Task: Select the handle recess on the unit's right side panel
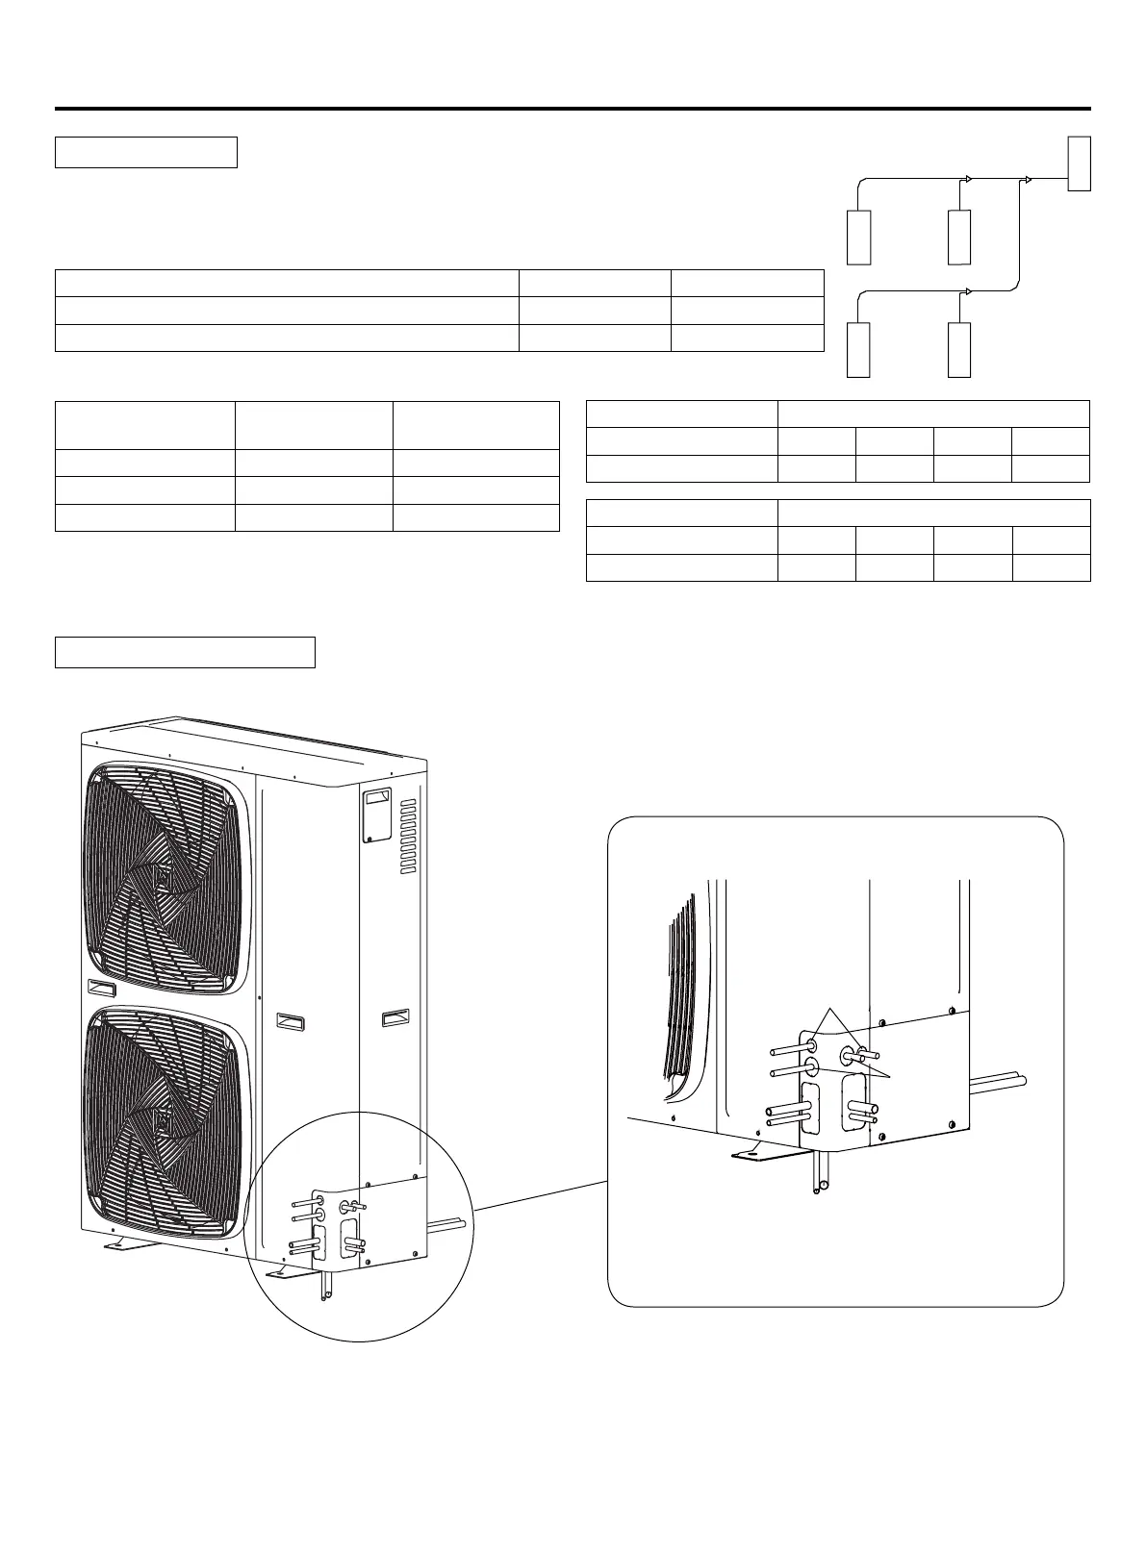(395, 1016)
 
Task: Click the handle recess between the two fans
(100, 987)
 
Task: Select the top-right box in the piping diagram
(1079, 163)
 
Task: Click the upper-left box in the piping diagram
(858, 236)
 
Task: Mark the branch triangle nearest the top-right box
(1029, 179)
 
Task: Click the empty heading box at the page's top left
(145, 153)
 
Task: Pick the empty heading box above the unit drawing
(185, 651)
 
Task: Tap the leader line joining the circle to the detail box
(542, 1193)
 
